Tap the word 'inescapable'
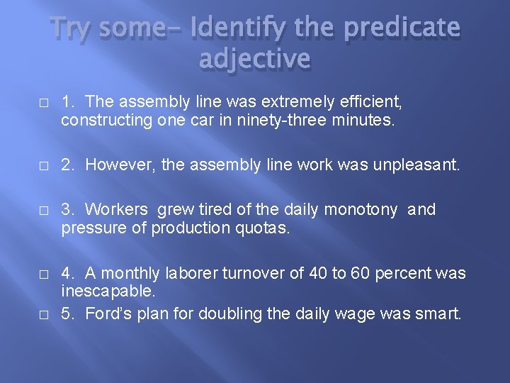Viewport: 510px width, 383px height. [x=108, y=292]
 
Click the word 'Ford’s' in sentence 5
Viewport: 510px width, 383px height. [x=106, y=313]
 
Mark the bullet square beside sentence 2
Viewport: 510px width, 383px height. [x=45, y=166]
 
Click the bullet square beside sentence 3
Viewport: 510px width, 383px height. [x=45, y=211]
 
